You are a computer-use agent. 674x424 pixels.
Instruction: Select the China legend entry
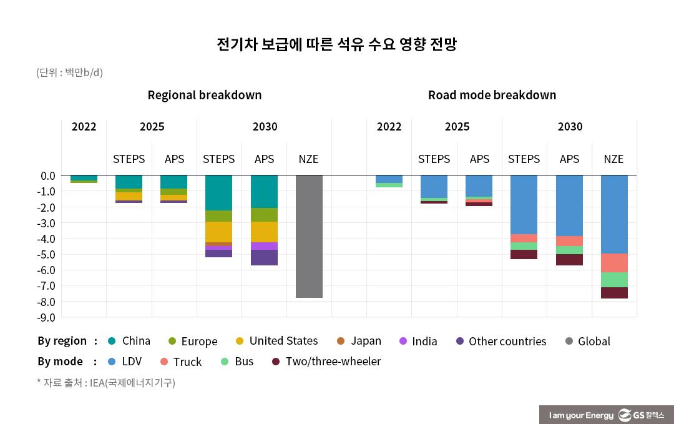click(129, 341)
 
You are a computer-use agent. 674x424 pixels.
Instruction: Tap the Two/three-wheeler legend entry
click(326, 362)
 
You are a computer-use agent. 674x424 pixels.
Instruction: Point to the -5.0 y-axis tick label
click(47, 255)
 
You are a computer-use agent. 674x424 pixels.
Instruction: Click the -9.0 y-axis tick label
click(47, 318)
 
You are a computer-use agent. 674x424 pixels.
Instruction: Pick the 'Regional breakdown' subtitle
click(204, 95)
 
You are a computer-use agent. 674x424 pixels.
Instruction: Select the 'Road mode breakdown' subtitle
click(492, 95)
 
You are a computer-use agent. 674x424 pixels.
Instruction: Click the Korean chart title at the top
click(336, 45)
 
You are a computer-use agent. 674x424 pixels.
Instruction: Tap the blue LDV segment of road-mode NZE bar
click(614, 214)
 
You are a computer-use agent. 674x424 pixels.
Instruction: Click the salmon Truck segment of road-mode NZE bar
click(614, 263)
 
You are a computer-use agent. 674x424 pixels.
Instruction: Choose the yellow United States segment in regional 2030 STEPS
click(218, 232)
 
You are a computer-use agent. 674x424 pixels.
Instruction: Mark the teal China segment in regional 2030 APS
click(264, 191)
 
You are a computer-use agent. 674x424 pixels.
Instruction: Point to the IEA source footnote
click(106, 383)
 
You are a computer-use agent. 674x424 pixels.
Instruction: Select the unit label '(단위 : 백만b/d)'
click(69, 72)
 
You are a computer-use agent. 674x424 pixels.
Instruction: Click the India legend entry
click(418, 341)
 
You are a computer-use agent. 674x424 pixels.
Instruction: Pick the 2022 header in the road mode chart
click(389, 127)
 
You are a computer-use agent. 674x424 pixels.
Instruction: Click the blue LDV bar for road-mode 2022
click(389, 179)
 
